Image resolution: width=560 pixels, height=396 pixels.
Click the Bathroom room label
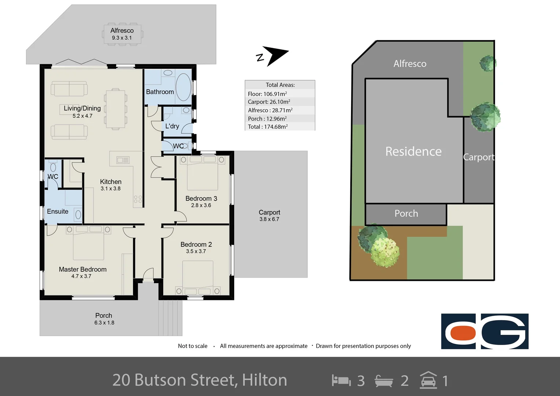point(160,92)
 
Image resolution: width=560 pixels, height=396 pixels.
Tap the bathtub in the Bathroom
point(183,87)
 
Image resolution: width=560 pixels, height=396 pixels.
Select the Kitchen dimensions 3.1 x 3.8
point(111,188)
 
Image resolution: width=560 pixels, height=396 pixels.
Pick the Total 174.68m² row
point(268,126)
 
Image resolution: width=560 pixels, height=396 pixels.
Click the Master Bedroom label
point(83,269)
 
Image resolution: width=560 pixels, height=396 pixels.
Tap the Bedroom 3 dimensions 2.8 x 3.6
point(201,205)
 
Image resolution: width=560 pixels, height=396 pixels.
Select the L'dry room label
point(172,126)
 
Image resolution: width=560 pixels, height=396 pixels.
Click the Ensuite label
point(58,211)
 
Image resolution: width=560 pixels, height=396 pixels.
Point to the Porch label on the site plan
point(406,213)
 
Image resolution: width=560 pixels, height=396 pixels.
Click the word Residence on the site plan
point(413,151)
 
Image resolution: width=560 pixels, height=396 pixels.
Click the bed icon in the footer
point(341,380)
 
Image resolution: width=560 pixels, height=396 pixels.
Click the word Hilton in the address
point(264,380)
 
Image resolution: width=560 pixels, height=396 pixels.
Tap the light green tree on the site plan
point(385,252)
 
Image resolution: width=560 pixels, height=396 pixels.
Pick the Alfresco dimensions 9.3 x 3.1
point(122,38)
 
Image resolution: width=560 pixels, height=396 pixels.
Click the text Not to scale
point(192,346)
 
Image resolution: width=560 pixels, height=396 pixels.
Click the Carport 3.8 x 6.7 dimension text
point(269,219)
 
